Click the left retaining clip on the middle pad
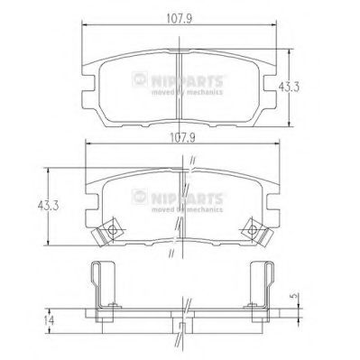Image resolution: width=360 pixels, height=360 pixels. click(x=110, y=232)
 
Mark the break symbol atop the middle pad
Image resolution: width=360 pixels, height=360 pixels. click(x=192, y=163)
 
